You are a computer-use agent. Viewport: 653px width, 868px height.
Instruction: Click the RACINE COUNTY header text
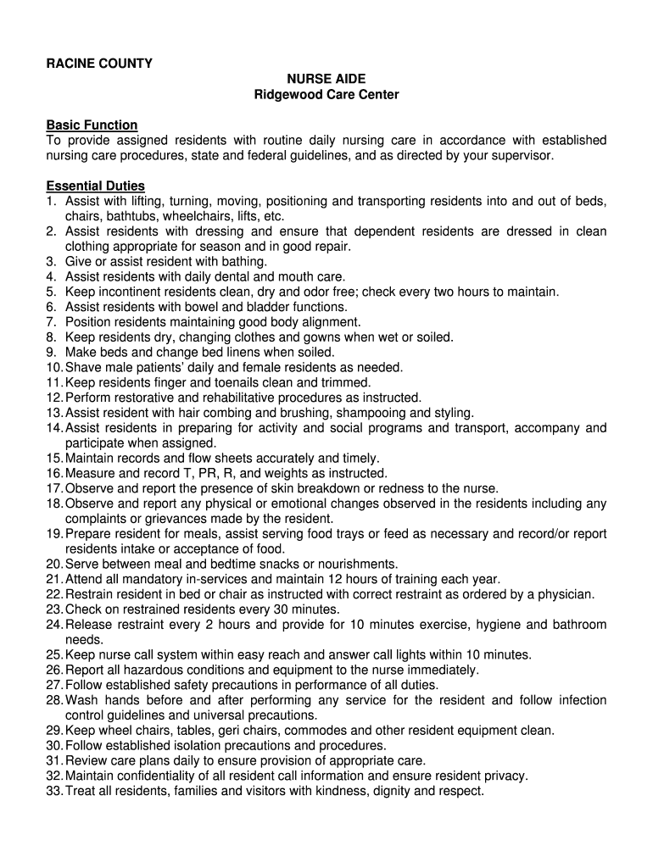(x=99, y=64)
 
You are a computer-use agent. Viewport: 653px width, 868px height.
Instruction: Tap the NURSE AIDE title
(x=326, y=79)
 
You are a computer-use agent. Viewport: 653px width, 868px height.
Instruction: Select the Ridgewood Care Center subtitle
(x=326, y=94)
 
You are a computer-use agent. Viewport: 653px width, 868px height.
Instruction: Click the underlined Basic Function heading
(x=92, y=125)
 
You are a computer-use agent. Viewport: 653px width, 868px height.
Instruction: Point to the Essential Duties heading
(x=96, y=186)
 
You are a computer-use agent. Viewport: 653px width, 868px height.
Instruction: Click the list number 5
(x=51, y=292)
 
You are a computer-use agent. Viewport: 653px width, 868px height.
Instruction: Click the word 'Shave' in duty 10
(x=82, y=367)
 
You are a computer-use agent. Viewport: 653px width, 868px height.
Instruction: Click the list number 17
(x=54, y=488)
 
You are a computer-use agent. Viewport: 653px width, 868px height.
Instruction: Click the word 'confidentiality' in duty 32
(x=154, y=776)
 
